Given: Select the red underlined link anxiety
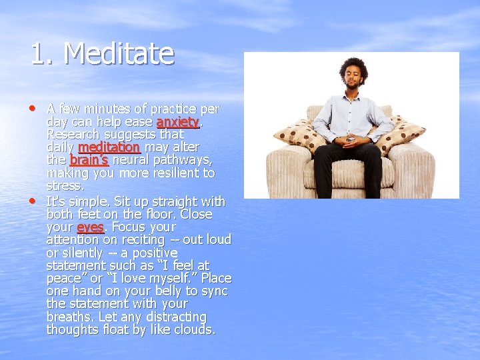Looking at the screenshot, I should point(178,122).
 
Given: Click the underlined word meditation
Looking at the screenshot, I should point(109,147).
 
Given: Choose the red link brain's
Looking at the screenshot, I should point(89,160).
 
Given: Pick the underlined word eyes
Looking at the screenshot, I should point(90,227).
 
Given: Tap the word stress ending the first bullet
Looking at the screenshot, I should point(65,186).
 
